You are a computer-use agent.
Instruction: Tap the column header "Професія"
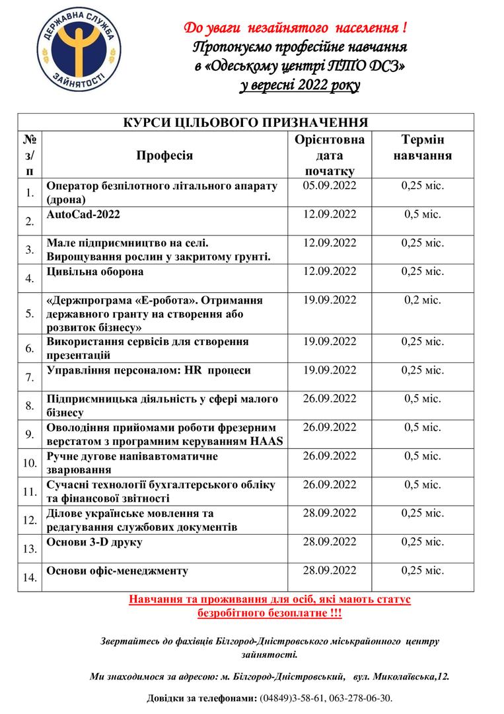point(164,155)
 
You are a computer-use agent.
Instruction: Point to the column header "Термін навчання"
point(422,148)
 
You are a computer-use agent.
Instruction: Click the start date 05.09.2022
point(330,186)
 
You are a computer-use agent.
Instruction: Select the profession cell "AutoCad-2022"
point(84,215)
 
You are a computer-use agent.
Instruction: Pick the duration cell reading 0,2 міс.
point(423,299)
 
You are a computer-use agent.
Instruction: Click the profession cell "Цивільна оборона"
point(94,272)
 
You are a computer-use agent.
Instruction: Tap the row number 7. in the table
point(29,378)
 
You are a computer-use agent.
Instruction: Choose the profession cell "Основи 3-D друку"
point(94,542)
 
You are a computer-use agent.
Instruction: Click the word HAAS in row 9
point(270,441)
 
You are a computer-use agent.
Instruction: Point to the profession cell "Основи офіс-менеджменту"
point(117,571)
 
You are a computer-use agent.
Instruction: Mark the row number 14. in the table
point(29,577)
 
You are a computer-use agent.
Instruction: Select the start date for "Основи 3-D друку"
point(330,542)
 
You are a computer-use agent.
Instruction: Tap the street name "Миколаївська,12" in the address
point(411,676)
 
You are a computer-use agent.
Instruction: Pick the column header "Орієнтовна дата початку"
point(330,155)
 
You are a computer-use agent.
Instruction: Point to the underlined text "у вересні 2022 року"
point(300,85)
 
